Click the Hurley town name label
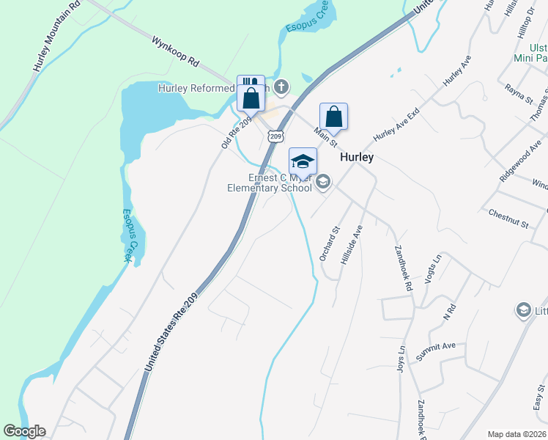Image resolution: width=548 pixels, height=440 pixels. point(357,158)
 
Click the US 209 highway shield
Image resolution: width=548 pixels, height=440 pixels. point(275,136)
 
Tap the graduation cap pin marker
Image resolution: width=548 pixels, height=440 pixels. point(303,161)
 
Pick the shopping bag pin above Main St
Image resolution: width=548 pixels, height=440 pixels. point(333,117)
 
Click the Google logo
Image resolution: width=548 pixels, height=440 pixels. point(24,431)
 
